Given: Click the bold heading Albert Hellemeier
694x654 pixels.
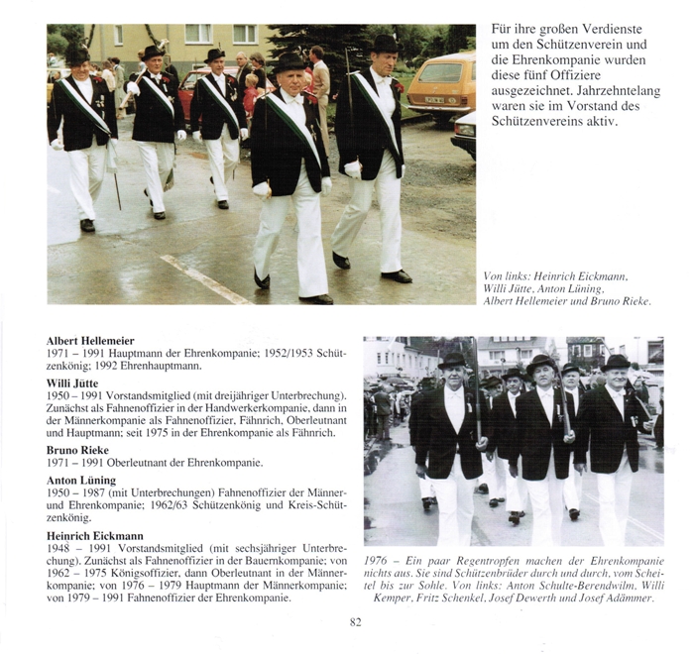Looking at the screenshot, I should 91,341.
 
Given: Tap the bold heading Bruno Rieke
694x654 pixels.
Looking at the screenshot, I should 77,448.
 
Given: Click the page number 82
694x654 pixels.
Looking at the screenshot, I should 355,622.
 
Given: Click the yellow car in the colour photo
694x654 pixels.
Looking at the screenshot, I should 438,85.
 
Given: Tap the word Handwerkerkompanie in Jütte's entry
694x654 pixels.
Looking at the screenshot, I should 236,407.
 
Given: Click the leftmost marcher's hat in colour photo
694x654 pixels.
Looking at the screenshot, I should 77,54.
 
